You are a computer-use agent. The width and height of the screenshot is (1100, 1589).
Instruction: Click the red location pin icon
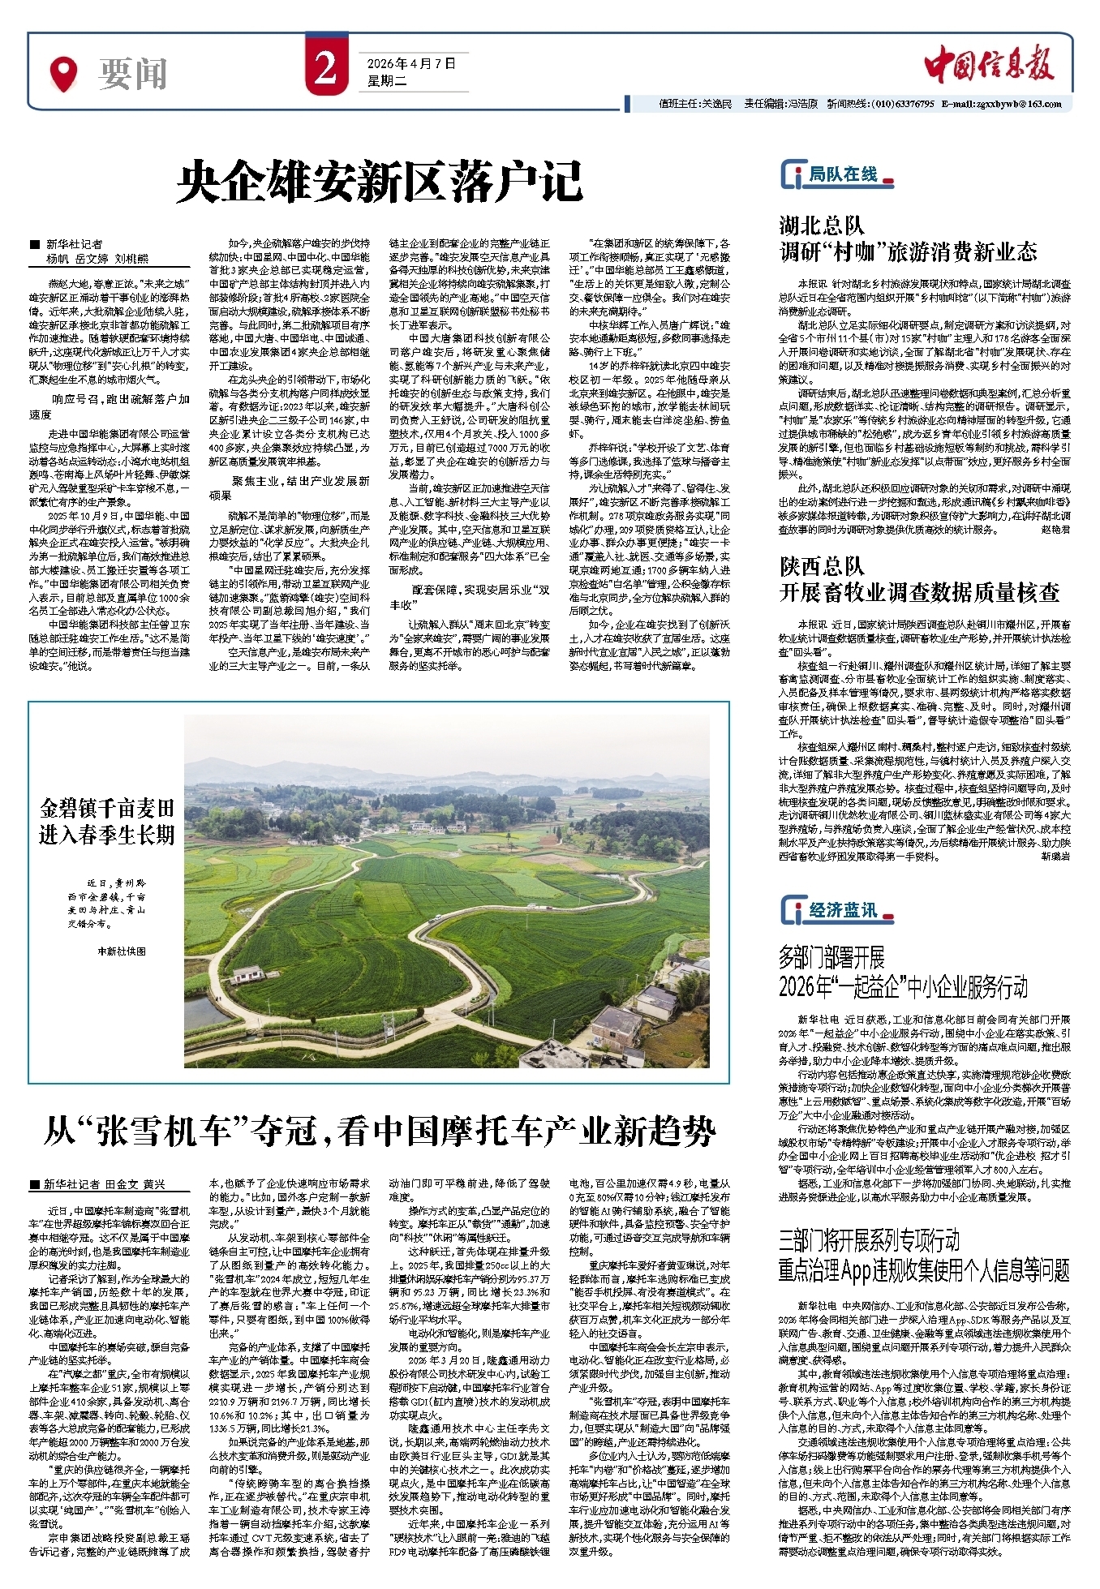[x=63, y=74]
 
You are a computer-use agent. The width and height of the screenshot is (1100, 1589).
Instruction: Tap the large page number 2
[x=325, y=69]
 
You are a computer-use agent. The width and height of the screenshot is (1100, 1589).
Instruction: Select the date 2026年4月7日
[x=411, y=63]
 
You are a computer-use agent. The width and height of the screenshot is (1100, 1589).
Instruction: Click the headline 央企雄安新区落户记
[x=380, y=181]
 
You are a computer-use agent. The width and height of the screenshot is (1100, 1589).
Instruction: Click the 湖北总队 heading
[x=822, y=225]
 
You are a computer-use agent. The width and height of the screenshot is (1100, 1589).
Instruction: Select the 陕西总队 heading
[x=822, y=565]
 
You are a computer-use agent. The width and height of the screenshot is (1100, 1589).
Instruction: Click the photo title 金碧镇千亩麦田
[x=107, y=808]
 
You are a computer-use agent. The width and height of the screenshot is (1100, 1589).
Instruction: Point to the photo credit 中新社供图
[x=122, y=951]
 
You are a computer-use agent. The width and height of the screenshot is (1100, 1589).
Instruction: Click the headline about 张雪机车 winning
[x=380, y=1131]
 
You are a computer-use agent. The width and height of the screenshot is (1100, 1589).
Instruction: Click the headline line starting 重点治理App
[x=924, y=1269]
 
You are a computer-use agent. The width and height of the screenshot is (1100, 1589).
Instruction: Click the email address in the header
[x=1002, y=104]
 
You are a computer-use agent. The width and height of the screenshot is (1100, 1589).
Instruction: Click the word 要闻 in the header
[x=133, y=75]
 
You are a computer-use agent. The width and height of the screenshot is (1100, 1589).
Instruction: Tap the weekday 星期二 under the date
[x=387, y=81]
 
